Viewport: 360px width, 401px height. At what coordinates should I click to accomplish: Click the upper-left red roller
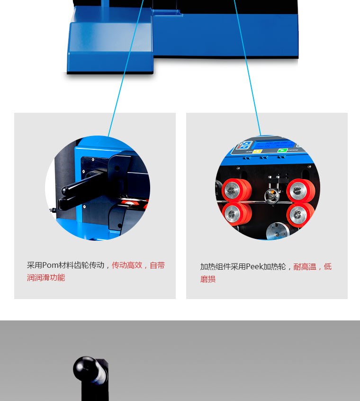pos(236,190)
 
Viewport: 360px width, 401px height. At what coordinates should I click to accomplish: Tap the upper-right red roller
pos(301,190)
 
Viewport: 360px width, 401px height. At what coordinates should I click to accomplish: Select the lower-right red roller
pos(301,215)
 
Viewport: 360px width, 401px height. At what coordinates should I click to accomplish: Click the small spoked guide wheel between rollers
pos(271,196)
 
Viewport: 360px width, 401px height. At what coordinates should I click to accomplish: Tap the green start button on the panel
pos(282,150)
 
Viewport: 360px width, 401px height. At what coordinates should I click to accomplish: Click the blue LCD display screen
pos(273,145)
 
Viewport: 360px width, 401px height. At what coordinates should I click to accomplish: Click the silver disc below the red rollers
pos(278,231)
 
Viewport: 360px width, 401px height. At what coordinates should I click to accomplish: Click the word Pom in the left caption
pos(50,265)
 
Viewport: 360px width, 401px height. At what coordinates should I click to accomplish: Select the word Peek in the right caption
pos(254,267)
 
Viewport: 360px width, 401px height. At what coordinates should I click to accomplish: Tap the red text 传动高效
pos(127,265)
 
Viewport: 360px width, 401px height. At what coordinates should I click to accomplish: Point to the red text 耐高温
pos(305,267)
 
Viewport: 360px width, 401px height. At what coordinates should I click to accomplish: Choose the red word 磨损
pos(208,279)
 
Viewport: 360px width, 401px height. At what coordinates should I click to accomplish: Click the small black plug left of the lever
pos(53,210)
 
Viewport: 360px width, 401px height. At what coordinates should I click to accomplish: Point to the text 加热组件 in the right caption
pos(216,267)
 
